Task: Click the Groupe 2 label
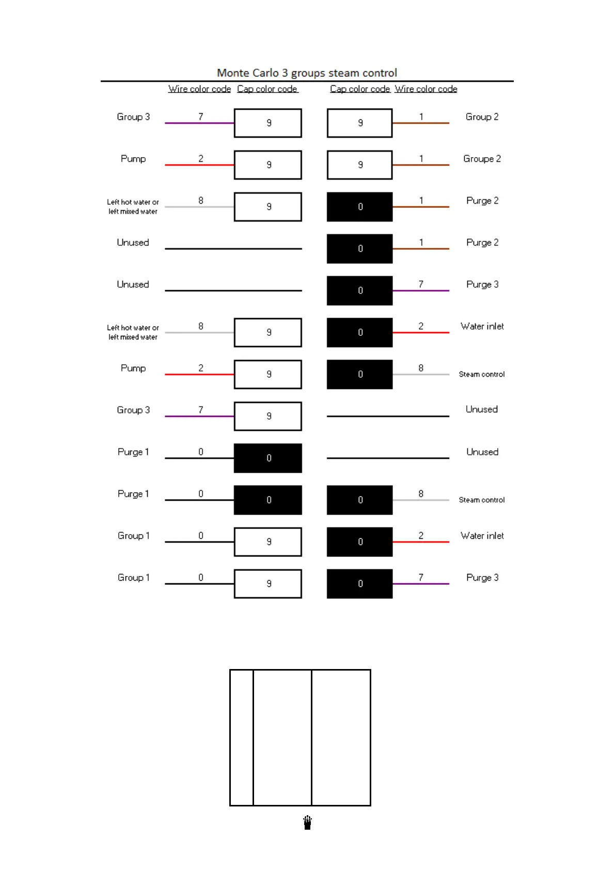click(482, 159)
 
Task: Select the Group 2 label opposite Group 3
click(482, 117)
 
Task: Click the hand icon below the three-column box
click(307, 822)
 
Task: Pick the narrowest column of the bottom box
click(241, 737)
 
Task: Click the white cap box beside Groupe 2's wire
click(359, 165)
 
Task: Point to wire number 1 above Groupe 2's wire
click(421, 159)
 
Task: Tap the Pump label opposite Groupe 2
click(133, 159)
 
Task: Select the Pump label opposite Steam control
click(133, 368)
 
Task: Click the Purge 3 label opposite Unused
click(482, 284)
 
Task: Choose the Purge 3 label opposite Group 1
click(482, 578)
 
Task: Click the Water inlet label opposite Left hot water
click(482, 326)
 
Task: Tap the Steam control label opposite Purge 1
click(481, 500)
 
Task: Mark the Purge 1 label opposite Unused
click(133, 452)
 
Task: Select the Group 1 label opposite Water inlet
click(133, 536)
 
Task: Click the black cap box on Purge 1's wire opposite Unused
click(267, 458)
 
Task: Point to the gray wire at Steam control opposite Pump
click(420, 375)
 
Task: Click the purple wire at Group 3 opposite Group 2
click(199, 123)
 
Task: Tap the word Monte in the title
click(233, 73)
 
